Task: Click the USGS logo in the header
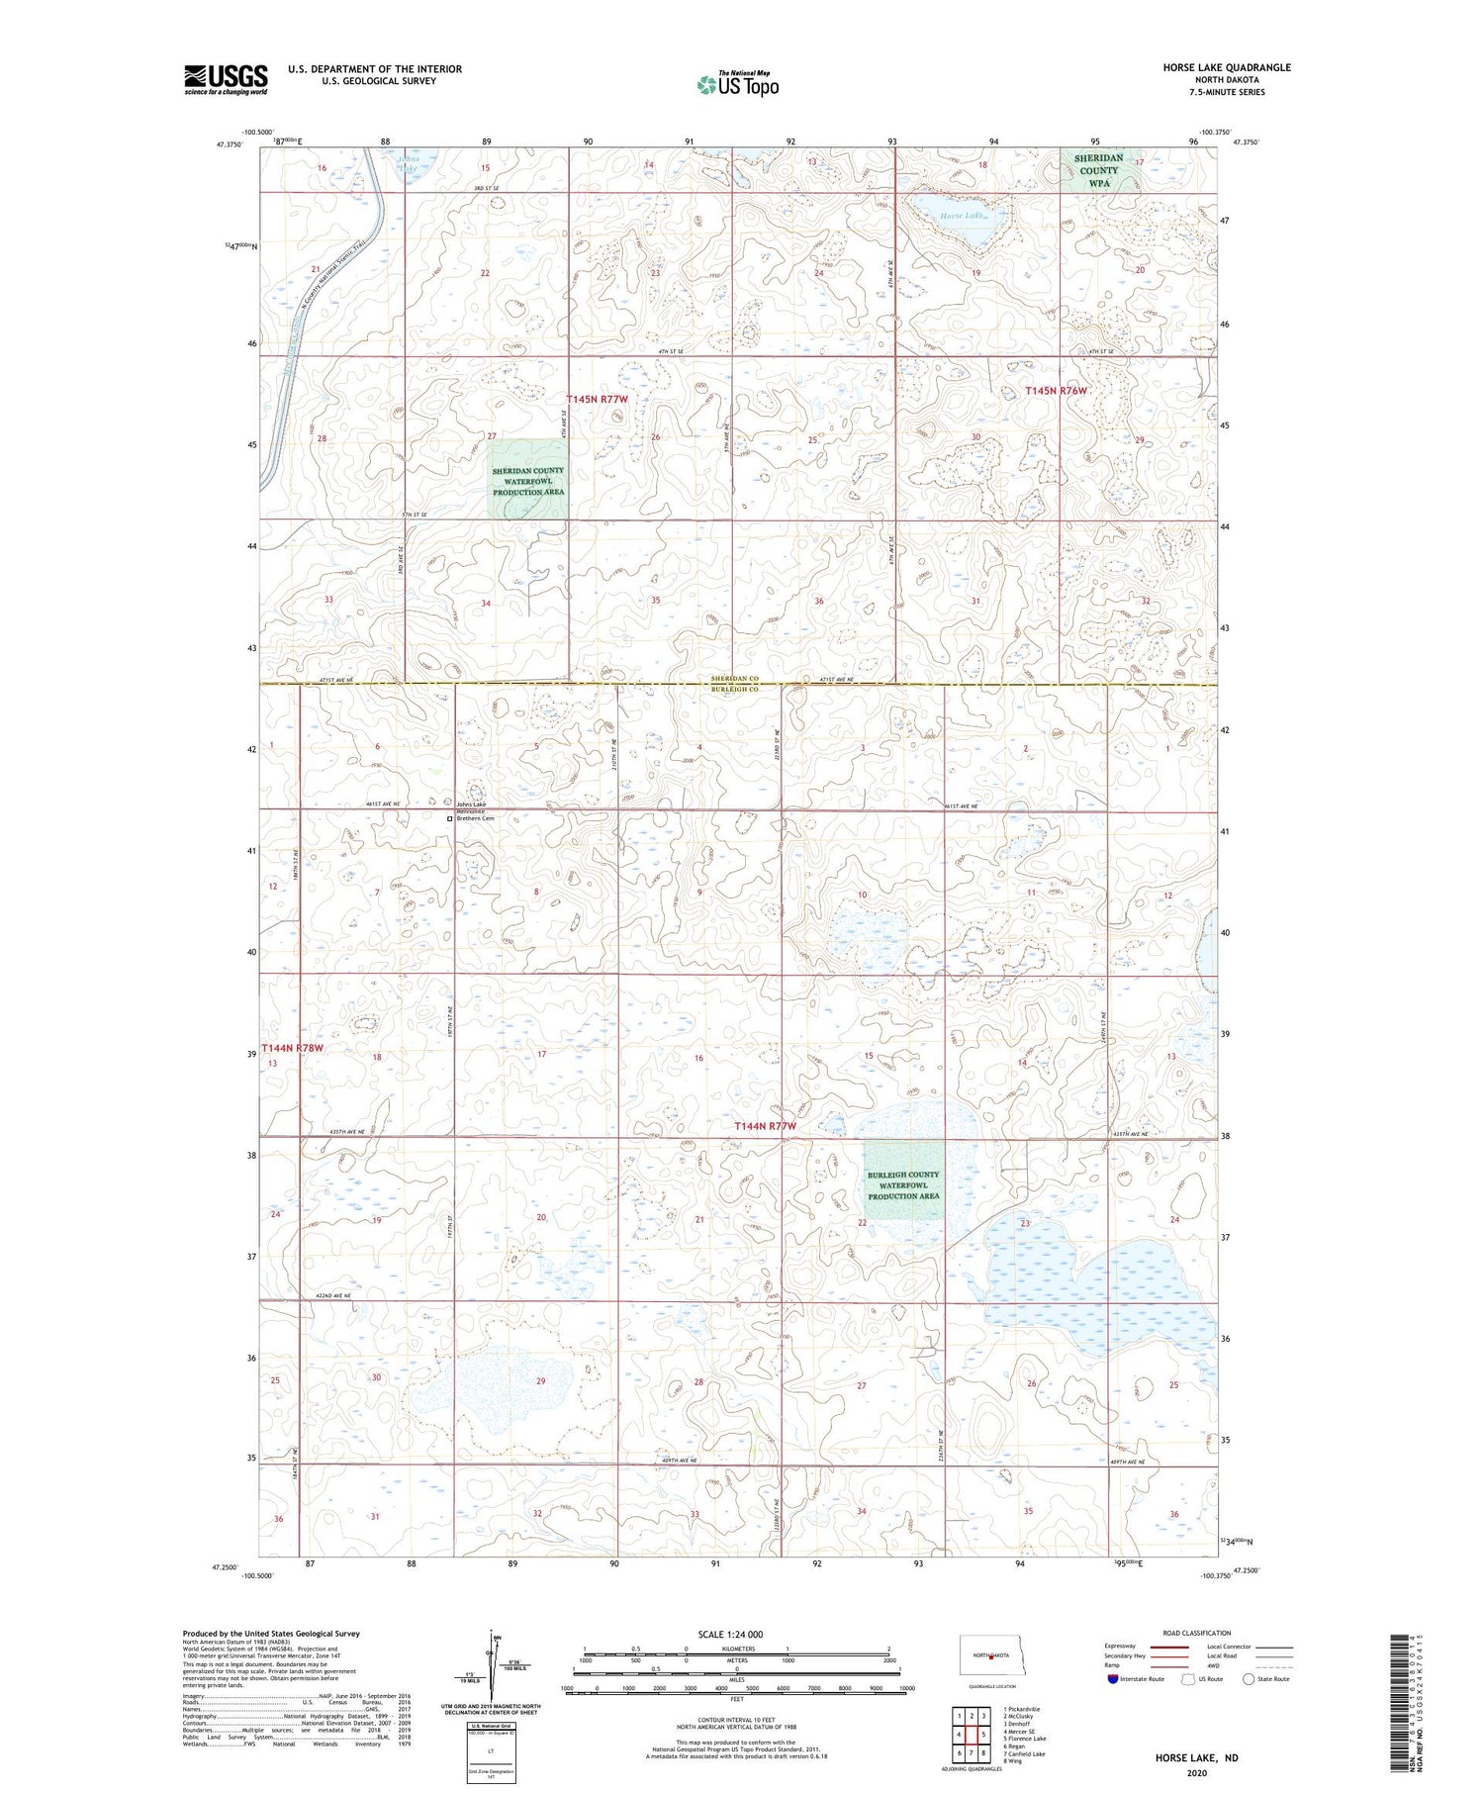[226, 79]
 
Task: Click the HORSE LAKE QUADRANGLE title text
[1227, 67]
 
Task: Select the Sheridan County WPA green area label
[1098, 170]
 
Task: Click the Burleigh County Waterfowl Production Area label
[903, 1184]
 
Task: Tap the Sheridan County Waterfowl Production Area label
[528, 481]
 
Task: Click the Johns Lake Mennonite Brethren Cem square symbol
[449, 819]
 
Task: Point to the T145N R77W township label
[597, 399]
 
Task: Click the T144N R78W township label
[292, 1047]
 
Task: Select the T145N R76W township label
[1056, 391]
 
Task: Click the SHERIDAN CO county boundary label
[733, 678]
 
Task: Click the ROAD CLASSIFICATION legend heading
[1197, 1633]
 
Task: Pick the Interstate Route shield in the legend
[1114, 1678]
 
